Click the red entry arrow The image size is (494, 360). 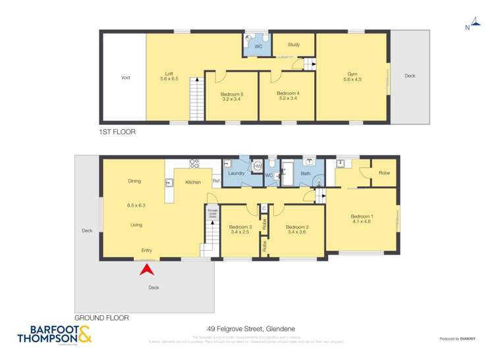[148, 268]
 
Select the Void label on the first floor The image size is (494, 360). [125, 78]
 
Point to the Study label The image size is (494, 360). [294, 45]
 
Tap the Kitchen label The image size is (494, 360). [192, 182]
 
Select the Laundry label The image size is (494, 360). [236, 174]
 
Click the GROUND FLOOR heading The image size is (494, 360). [101, 318]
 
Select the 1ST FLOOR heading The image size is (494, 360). [117, 132]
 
